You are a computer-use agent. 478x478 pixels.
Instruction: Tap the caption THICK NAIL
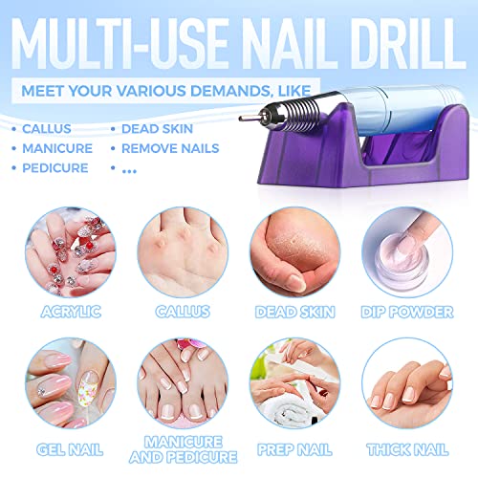point(409,445)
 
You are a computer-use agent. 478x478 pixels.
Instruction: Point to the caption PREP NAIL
point(295,445)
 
